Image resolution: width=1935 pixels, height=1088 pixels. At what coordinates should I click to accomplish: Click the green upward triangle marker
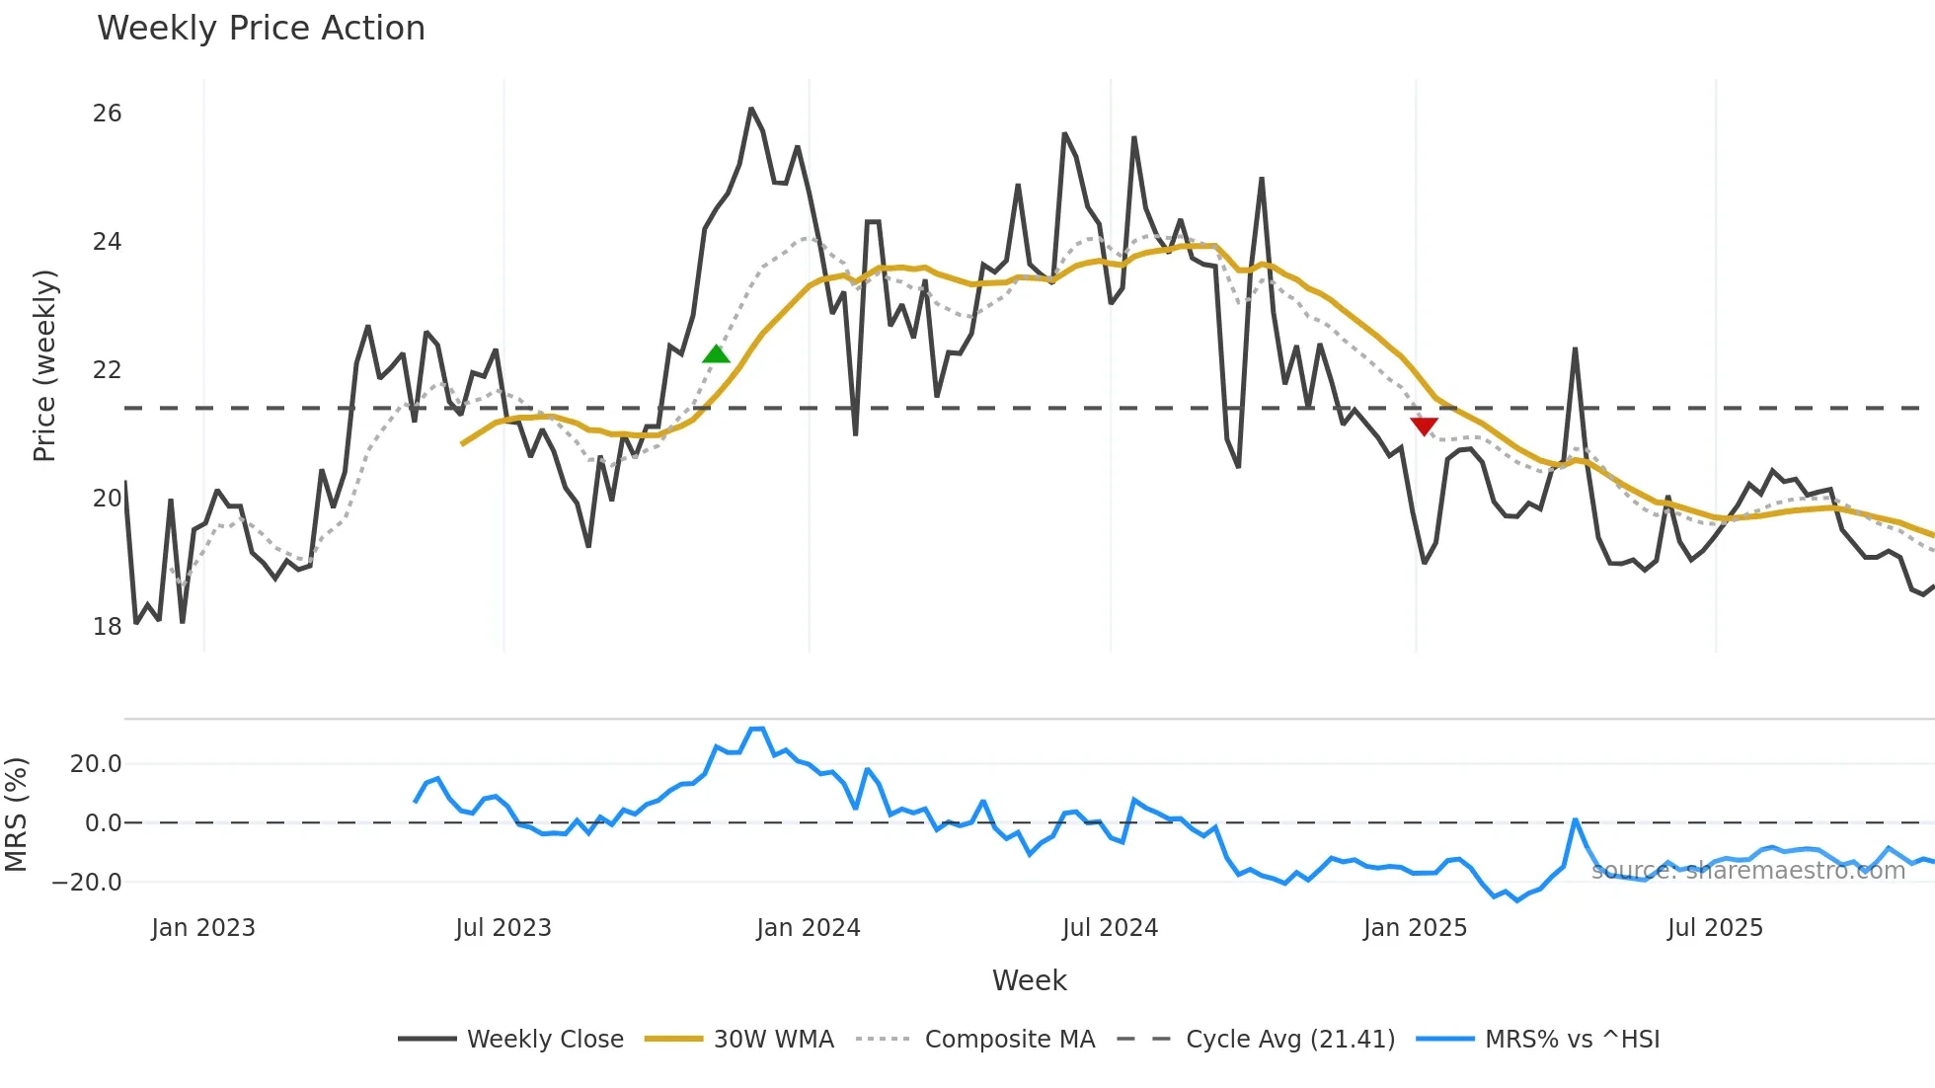click(x=717, y=354)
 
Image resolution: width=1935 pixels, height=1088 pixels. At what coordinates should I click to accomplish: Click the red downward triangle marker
click(x=1424, y=426)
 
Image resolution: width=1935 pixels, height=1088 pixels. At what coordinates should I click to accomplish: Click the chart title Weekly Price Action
click(x=261, y=29)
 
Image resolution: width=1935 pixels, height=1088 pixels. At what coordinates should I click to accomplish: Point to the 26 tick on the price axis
click(x=107, y=114)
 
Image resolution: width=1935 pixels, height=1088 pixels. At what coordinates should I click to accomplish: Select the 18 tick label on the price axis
click(x=107, y=626)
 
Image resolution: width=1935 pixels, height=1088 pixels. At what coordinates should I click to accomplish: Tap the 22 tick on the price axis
click(x=107, y=370)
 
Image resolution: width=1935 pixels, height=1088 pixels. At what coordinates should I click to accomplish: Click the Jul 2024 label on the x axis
click(x=1110, y=928)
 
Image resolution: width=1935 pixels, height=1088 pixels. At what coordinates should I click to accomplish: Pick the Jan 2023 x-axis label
click(x=203, y=928)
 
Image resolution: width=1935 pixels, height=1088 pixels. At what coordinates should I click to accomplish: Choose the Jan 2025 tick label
click(x=1415, y=928)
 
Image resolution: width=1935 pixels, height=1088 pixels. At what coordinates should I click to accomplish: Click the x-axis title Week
click(x=1029, y=980)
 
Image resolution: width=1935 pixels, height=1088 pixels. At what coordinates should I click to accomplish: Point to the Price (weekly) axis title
click(x=45, y=365)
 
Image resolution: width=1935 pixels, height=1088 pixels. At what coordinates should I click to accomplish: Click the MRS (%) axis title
click(x=17, y=815)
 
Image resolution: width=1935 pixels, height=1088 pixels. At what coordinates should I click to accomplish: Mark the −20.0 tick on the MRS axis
click(x=87, y=883)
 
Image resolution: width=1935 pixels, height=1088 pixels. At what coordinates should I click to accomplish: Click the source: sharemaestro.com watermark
click(x=1747, y=871)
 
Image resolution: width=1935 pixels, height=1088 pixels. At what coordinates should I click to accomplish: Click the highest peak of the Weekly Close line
click(x=751, y=109)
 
